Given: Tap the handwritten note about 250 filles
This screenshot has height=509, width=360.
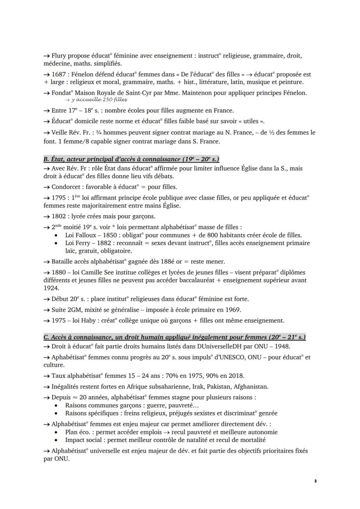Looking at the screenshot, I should coord(97,100).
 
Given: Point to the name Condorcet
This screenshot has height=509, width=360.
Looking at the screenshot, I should coord(66,187).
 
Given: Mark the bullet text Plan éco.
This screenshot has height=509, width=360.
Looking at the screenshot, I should coord(79,432).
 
